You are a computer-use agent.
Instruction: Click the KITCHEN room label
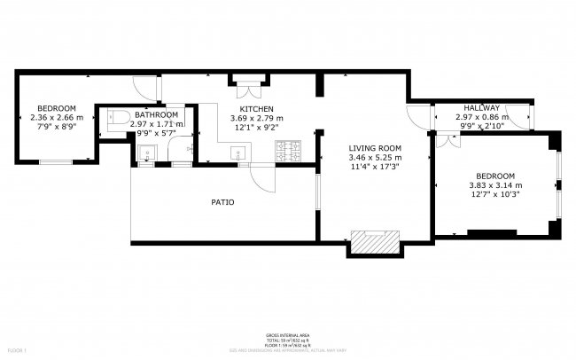click(256, 108)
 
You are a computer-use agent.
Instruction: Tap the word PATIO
click(222, 202)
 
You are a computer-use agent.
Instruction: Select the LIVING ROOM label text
click(375, 148)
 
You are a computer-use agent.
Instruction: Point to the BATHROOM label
click(157, 114)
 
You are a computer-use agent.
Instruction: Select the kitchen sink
click(238, 154)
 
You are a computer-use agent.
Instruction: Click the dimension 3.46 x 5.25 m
click(375, 158)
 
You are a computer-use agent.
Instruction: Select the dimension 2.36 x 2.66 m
click(57, 117)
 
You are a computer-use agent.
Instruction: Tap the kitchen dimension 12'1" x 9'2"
click(256, 129)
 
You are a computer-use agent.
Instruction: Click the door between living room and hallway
click(416, 116)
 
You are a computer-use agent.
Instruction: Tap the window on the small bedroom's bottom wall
click(56, 161)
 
